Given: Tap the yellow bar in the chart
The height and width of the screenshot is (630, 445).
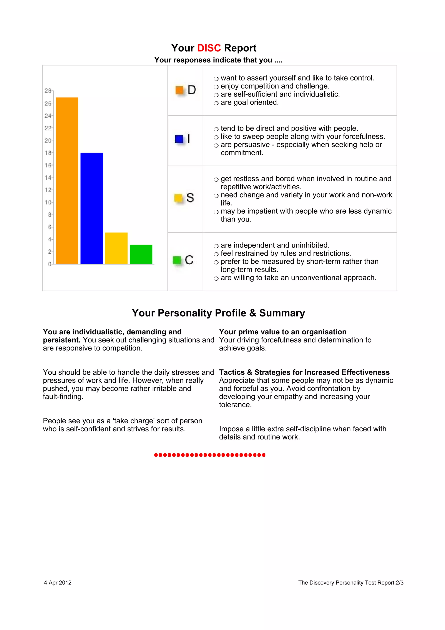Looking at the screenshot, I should tap(116, 248).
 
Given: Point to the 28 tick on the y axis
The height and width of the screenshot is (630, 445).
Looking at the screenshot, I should tap(48, 90).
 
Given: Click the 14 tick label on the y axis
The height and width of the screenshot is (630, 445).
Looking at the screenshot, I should tap(48, 178).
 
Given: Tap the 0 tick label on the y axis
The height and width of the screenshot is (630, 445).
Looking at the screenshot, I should tap(49, 264).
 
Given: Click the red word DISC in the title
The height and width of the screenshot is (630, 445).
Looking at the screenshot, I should tap(209, 48).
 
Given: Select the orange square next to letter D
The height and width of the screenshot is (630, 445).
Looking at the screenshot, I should tap(179, 90).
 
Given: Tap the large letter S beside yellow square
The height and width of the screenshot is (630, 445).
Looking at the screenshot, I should tap(190, 198).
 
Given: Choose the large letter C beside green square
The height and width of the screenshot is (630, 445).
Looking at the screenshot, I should tap(189, 260).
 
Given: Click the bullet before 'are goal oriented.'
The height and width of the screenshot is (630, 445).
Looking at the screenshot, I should tap(216, 103).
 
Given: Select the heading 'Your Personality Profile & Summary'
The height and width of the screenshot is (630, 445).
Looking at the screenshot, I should tap(218, 313).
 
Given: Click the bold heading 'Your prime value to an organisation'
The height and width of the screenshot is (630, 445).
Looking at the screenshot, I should tap(282, 332).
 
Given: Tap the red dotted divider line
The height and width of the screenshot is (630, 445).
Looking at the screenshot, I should tap(210, 455).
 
